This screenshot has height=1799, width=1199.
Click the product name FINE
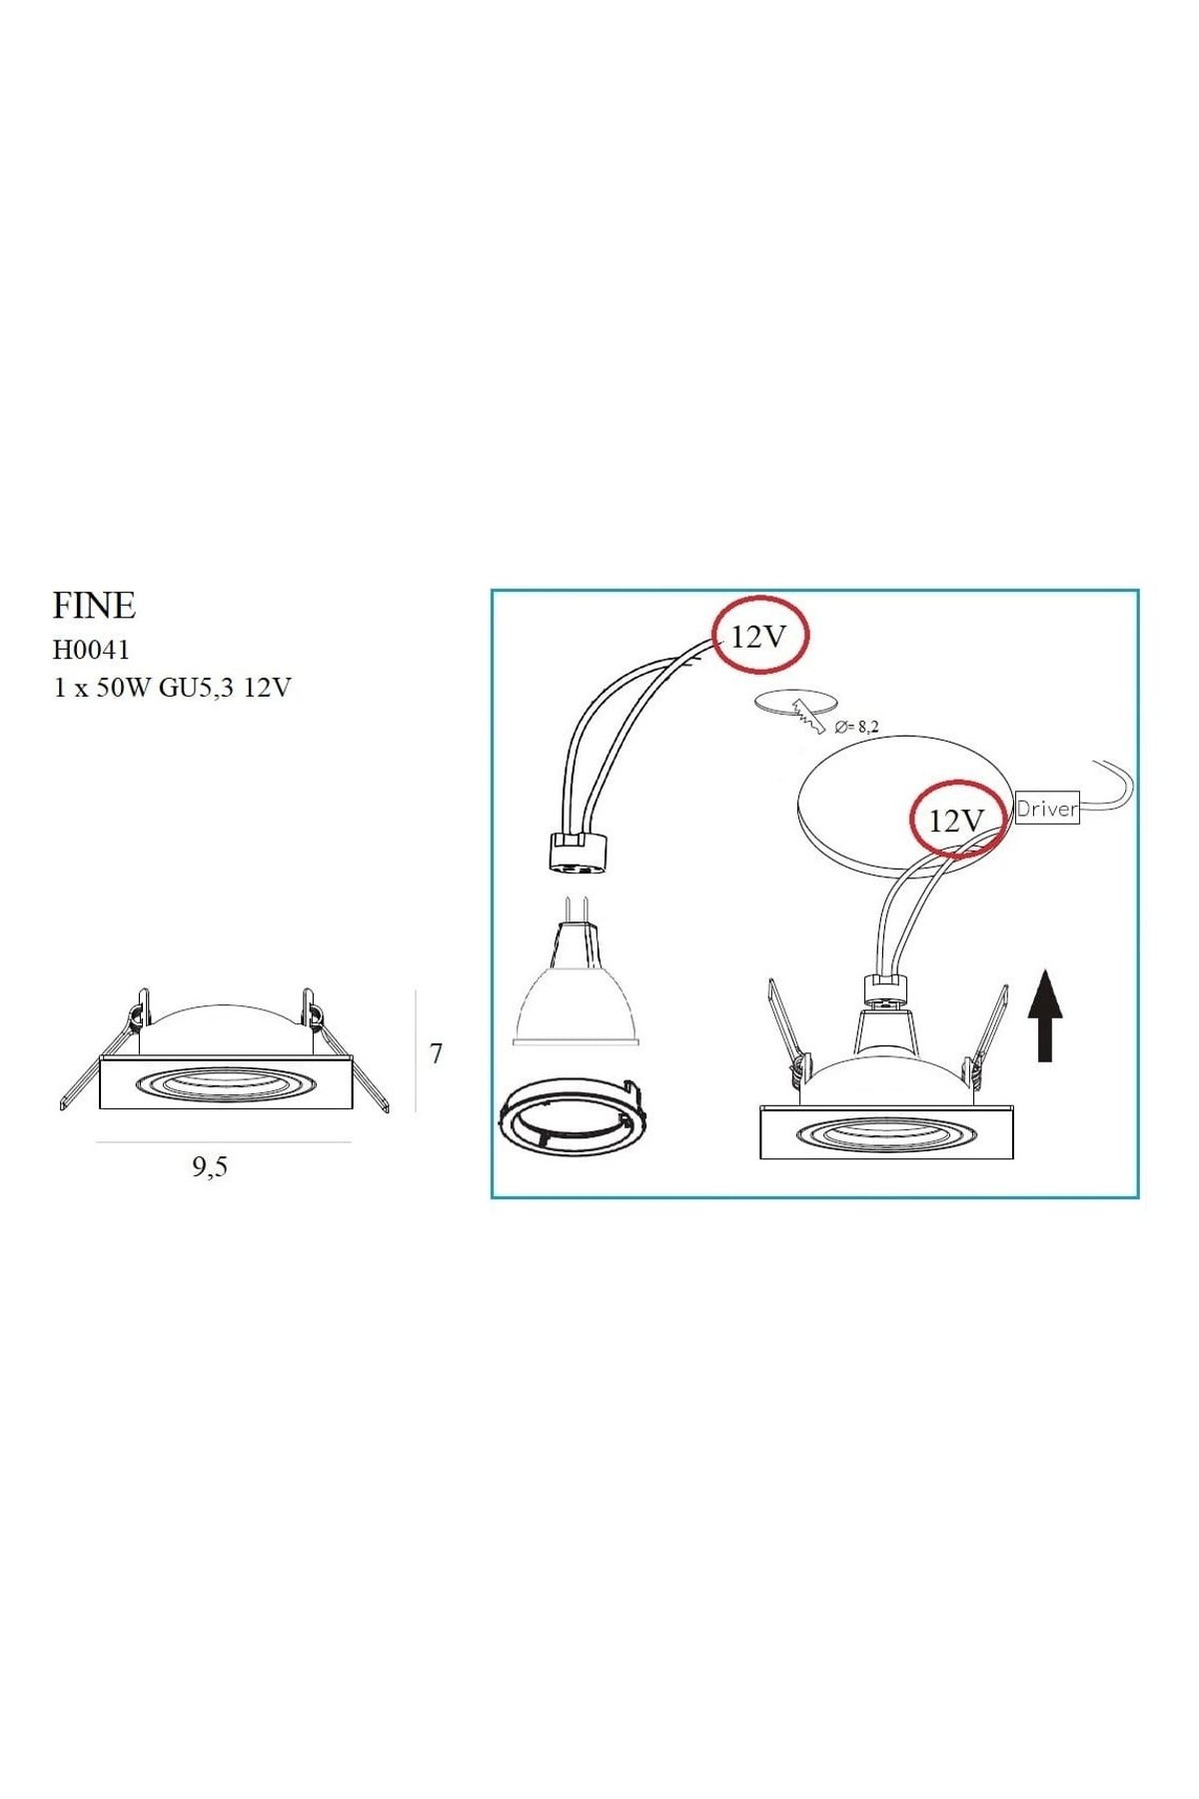coord(94,606)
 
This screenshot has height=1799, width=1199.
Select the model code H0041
coord(91,650)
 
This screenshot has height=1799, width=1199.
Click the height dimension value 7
coord(436,1053)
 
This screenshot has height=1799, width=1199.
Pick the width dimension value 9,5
coord(210,1166)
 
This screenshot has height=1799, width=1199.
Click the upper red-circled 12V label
coord(759,636)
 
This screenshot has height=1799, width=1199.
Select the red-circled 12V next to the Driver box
coord(957,820)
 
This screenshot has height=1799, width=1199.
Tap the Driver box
coord(1047,809)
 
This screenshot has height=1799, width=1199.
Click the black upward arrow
coord(1045,1013)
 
